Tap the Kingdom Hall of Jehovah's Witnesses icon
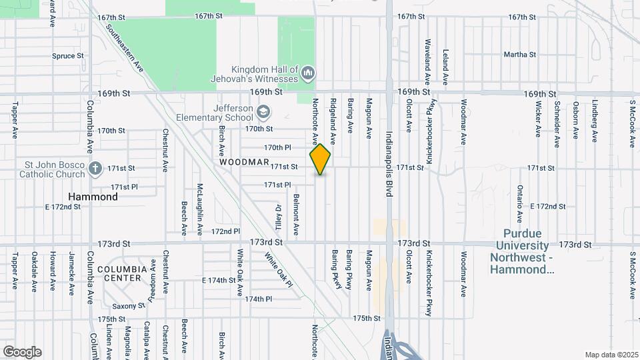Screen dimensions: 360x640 [308, 72]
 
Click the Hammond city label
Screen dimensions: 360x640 [93, 197]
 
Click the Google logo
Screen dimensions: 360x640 [22, 351]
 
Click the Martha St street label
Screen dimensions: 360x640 [520, 55]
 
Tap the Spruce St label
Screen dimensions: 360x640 [67, 56]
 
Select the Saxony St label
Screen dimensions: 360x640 [129, 306]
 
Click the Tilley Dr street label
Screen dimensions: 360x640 [279, 217]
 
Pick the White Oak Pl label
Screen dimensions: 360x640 [278, 271]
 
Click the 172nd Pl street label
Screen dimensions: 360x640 [225, 231]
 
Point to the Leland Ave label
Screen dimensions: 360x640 [445, 67]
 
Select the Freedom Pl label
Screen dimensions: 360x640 [153, 281]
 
